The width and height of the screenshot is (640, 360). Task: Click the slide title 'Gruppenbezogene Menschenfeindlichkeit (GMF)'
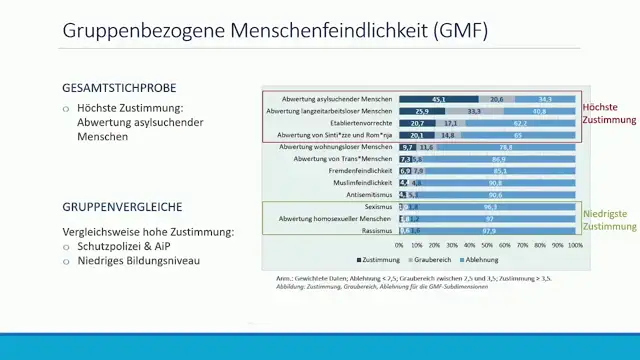(x=275, y=30)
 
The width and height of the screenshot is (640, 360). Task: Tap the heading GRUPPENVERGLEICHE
(x=122, y=207)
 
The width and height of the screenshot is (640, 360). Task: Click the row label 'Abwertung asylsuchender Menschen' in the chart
(x=335, y=100)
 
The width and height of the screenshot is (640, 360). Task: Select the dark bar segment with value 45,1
(x=439, y=100)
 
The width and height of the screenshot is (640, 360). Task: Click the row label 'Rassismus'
(x=377, y=230)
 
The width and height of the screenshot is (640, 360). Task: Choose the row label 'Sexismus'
(x=378, y=206)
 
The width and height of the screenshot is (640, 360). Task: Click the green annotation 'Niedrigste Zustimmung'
(x=609, y=220)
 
